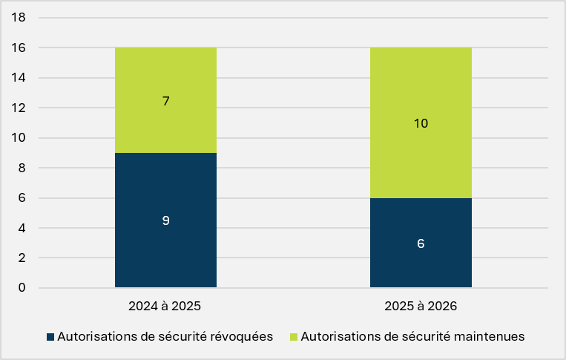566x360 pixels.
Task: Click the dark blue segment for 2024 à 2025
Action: click(165, 220)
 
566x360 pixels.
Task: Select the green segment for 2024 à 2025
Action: click(165, 100)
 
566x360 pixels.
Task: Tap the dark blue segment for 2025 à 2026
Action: click(421, 243)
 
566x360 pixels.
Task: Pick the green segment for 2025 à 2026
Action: click(421, 122)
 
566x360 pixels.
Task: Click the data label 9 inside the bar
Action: click(165, 220)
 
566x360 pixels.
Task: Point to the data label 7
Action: click(165, 101)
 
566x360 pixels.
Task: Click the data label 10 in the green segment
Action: click(421, 123)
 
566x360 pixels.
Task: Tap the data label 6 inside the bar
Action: click(421, 243)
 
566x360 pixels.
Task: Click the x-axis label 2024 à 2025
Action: click(165, 307)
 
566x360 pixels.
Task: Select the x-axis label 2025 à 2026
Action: click(421, 307)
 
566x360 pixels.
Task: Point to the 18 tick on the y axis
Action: click(19, 17)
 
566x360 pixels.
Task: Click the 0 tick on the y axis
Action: click(22, 287)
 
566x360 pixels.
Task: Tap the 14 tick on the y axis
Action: click(19, 77)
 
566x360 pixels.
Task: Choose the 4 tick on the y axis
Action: click(22, 228)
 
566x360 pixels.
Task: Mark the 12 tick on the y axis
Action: click(19, 107)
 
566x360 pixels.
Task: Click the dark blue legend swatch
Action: click(50, 337)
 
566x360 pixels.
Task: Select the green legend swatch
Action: click(294, 337)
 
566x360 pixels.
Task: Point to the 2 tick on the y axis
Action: click(22, 258)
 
